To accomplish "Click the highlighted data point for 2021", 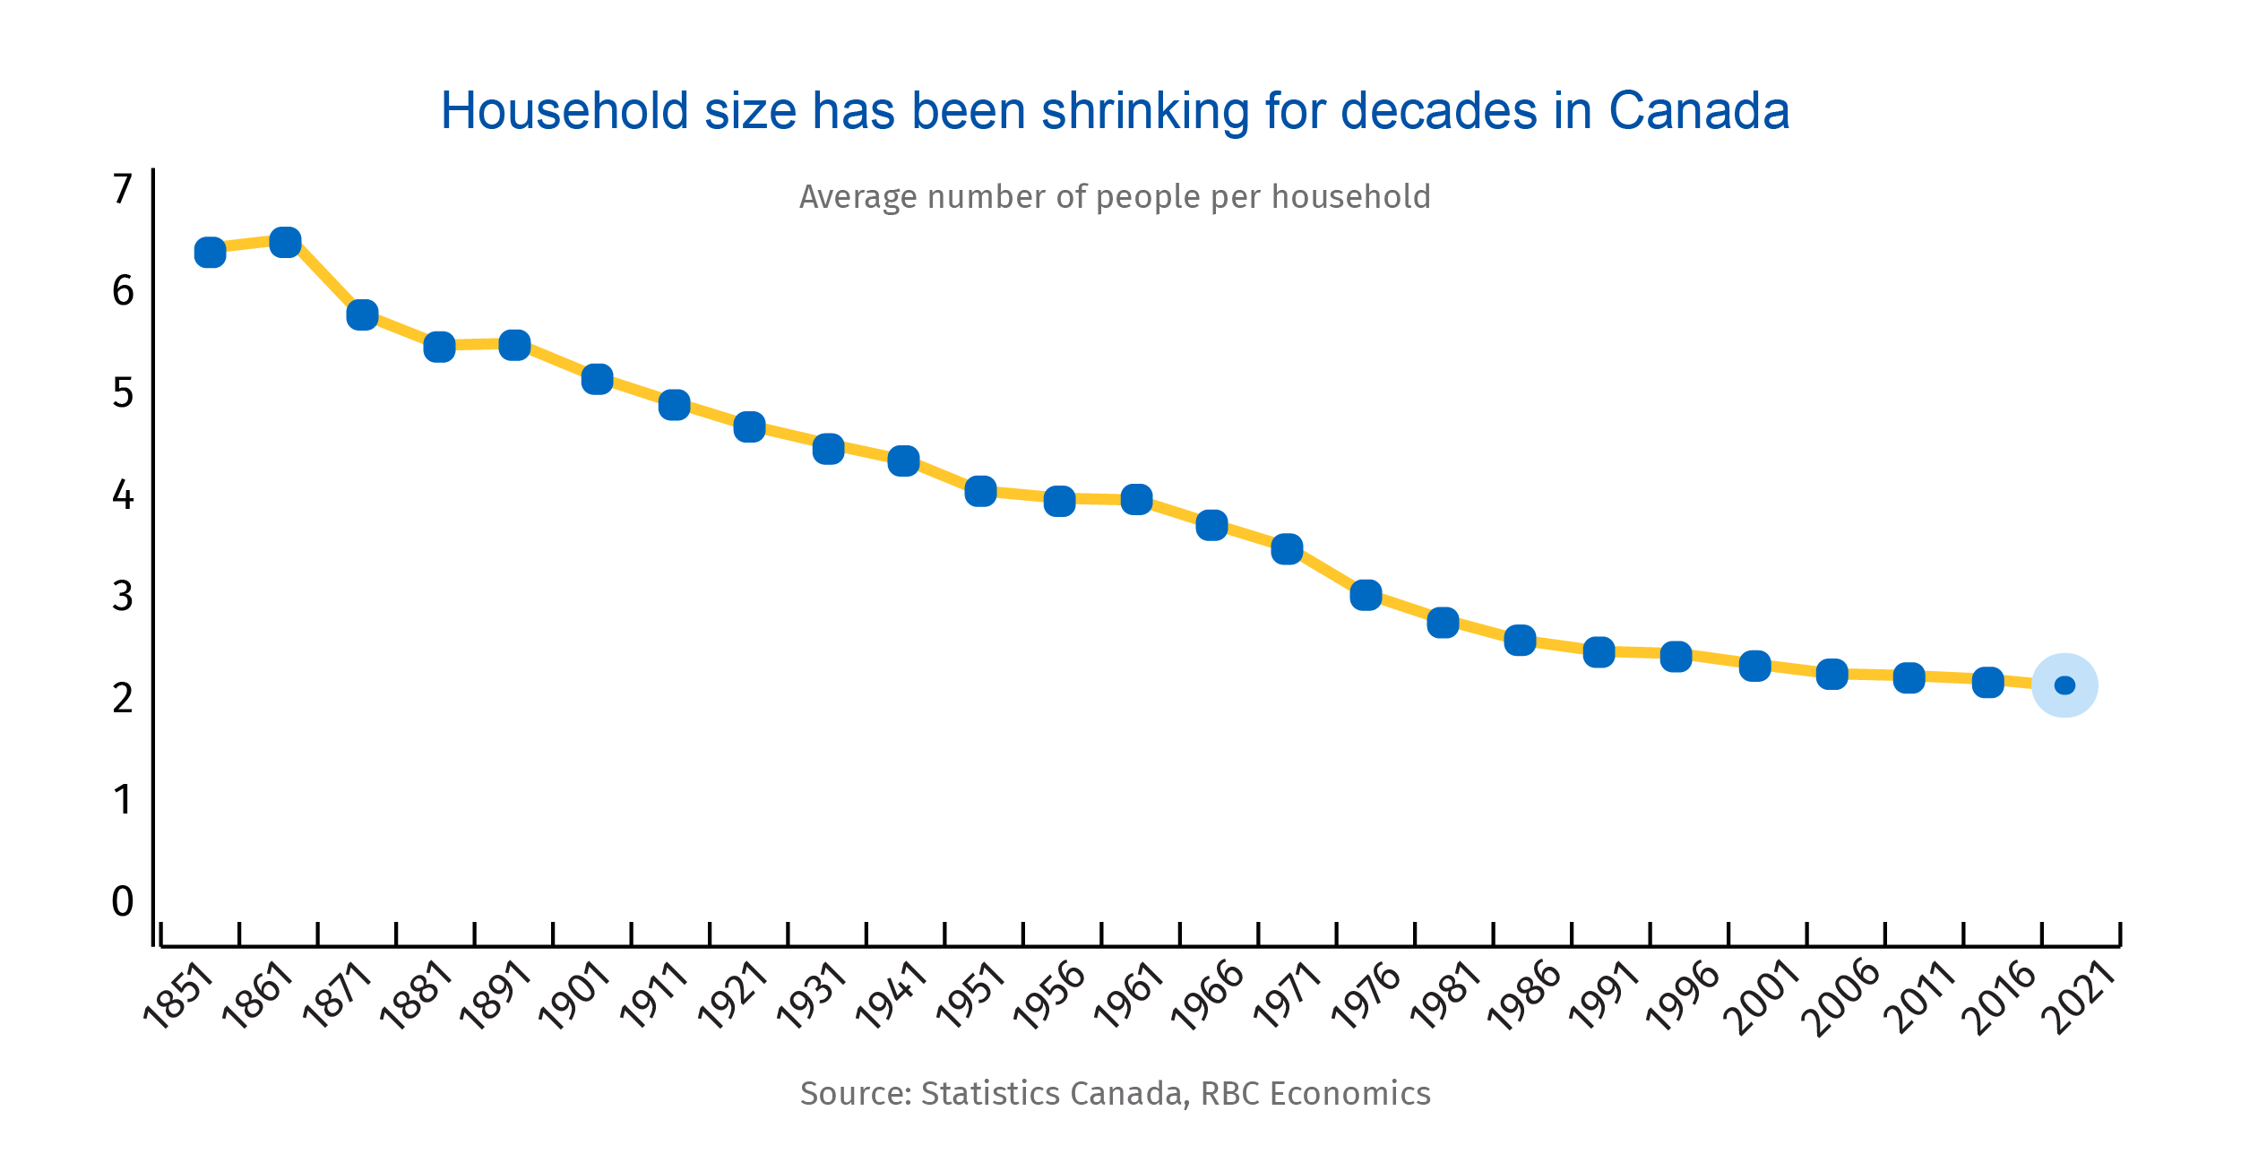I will pos(2064,685).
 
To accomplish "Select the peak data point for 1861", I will pos(285,242).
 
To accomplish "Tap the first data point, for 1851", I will pos(210,253).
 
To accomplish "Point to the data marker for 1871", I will pos(362,314).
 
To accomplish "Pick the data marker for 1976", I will pos(1366,595).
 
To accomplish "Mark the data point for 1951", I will pos(981,491).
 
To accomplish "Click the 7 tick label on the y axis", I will pos(123,189).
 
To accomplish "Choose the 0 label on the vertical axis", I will pos(123,901).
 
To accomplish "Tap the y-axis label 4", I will pos(123,495).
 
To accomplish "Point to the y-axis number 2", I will pos(123,698).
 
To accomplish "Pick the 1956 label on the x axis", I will pos(1049,996).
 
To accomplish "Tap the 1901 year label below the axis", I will pos(573,996).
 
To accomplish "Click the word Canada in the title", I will pos(1699,111).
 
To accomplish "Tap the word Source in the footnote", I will pos(856,1094).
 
